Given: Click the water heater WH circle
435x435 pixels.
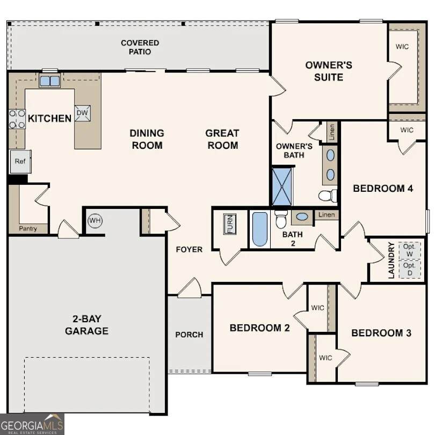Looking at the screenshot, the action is [95, 221].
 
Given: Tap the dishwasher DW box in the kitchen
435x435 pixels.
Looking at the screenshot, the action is [82, 113].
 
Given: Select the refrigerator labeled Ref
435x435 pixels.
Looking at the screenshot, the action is [20, 162].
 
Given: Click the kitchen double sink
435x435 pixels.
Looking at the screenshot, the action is [49, 81].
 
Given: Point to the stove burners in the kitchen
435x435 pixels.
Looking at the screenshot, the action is [17, 119].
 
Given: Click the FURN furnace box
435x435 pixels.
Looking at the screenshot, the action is [230, 224].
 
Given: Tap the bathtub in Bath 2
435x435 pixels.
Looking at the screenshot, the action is [260, 229].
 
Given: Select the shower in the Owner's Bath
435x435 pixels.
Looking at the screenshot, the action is [282, 186].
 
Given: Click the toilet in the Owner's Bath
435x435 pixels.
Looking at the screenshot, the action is [328, 195].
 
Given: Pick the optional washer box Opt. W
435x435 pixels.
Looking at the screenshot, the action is [410, 250].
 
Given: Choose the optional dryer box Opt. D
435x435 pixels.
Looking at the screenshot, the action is [410, 269].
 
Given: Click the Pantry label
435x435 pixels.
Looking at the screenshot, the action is [28, 229].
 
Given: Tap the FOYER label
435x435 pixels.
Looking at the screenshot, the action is [189, 249].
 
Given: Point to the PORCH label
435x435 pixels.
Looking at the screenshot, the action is [189, 335].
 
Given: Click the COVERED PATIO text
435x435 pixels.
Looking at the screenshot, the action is [140, 47].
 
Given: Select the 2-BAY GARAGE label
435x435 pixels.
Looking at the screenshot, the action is [86, 325].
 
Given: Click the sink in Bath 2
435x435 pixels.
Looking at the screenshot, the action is [302, 216].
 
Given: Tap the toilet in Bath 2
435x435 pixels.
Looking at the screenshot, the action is [281, 219].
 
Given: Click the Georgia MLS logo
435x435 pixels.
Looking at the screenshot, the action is [32, 424].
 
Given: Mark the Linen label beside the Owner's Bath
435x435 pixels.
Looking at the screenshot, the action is [332, 132].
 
